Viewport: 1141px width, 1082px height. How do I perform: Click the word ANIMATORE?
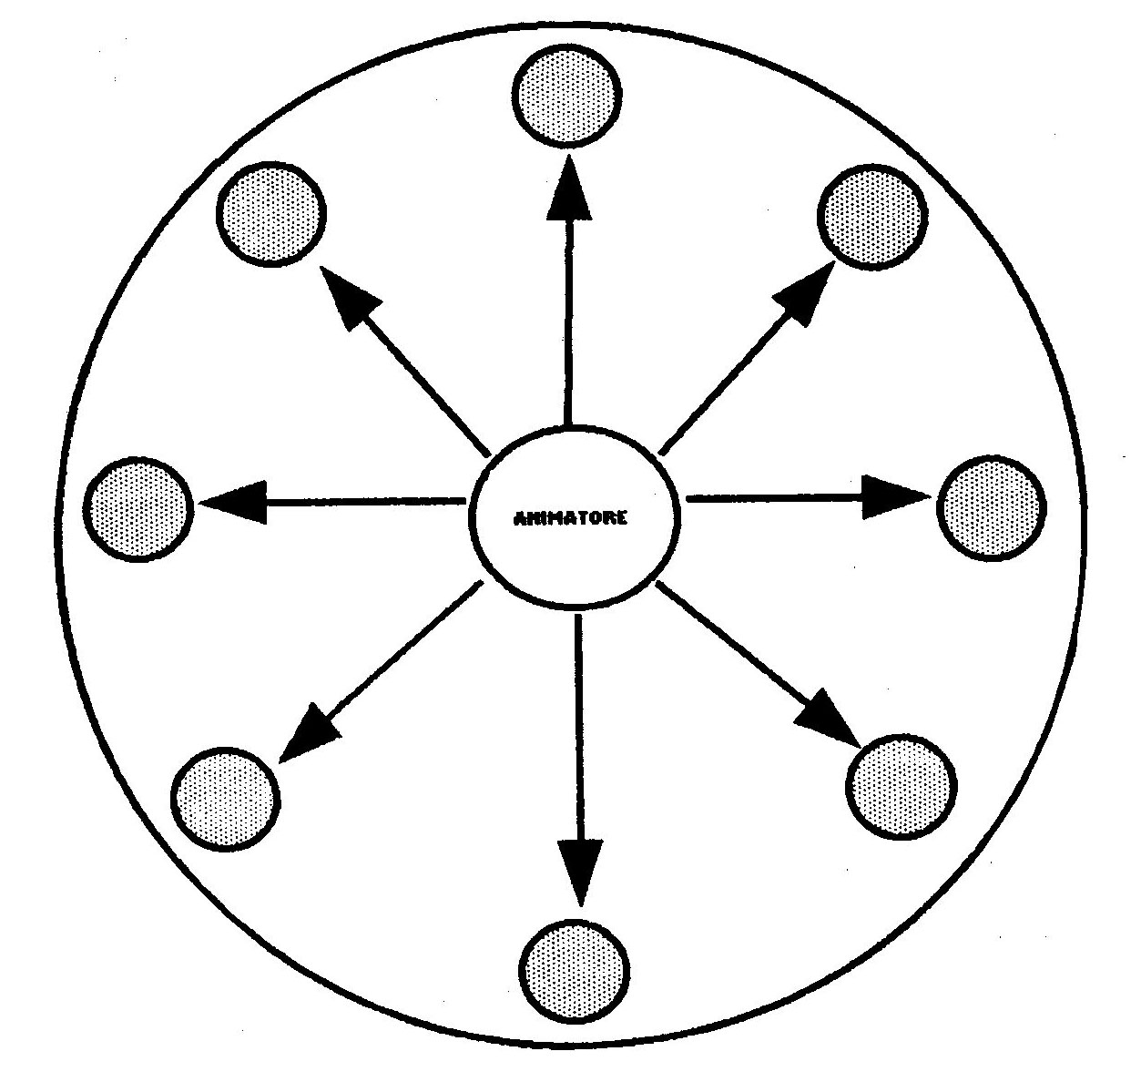point(570,518)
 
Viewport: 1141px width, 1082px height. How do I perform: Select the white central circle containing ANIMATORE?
point(574,518)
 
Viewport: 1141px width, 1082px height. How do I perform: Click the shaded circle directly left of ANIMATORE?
point(138,509)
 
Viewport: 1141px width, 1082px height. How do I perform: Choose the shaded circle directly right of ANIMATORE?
point(992,508)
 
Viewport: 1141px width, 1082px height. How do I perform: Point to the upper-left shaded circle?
point(271,214)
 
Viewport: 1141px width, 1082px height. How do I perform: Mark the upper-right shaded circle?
point(872,217)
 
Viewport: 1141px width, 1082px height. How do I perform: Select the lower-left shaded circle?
point(226,800)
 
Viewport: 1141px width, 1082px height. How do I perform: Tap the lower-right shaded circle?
point(902,787)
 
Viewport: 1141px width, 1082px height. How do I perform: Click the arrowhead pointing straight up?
point(569,189)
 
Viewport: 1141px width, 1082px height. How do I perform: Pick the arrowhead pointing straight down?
point(580,872)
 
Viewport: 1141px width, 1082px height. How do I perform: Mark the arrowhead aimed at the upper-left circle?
point(350,298)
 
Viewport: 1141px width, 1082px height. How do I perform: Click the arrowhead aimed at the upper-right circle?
point(806,293)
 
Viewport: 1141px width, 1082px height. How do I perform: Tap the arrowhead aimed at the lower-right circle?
point(828,718)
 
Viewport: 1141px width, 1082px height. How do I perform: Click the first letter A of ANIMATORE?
point(521,518)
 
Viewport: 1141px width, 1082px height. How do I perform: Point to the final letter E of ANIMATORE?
point(622,518)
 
